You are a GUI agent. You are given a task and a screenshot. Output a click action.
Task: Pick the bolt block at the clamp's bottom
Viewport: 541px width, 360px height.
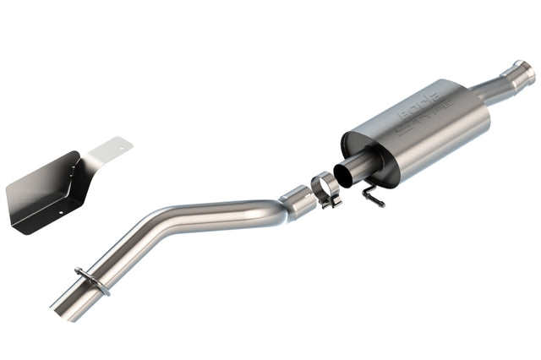(331, 200)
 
